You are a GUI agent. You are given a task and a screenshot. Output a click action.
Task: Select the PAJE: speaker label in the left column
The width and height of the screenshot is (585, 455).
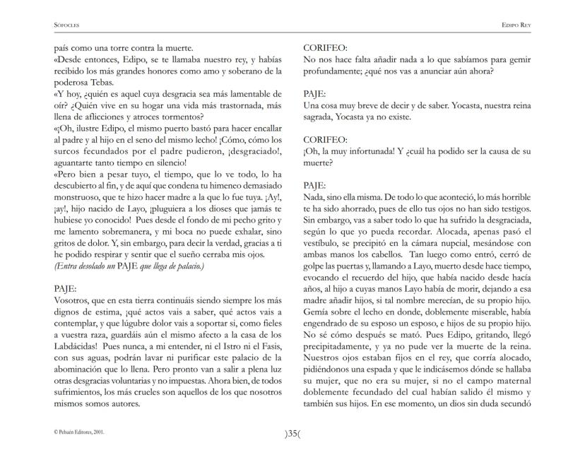click(66, 289)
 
